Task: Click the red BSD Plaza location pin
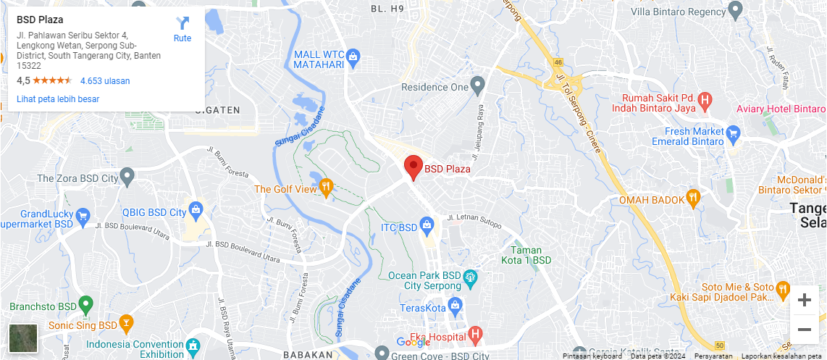tap(413, 167)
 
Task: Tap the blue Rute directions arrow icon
tap(182, 23)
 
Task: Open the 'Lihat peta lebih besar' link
tap(58, 99)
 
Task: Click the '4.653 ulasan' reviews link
tap(105, 81)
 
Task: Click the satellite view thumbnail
tap(23, 338)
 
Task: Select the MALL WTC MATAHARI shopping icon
tap(353, 56)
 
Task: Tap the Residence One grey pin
tap(477, 86)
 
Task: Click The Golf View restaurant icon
tap(326, 188)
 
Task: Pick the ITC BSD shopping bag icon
tap(427, 227)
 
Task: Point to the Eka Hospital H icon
tap(475, 335)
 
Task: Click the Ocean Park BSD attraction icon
tap(471, 276)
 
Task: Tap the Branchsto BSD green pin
tap(85, 306)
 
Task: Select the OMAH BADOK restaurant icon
tap(694, 199)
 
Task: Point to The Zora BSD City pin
tap(127, 177)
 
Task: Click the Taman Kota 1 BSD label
tap(526, 255)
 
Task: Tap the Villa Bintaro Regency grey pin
tap(736, 11)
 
